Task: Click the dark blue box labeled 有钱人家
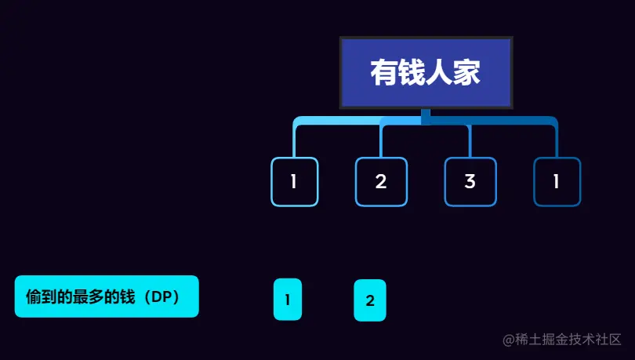point(426,72)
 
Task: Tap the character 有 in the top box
point(384,73)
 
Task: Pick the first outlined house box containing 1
point(294,182)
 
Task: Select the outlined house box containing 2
point(381,182)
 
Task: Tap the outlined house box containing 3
point(470,182)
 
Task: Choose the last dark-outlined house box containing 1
point(557,182)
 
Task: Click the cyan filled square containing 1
point(288,300)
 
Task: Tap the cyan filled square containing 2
point(370,300)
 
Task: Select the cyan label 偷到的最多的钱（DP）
point(107,296)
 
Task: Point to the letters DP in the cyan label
point(161,297)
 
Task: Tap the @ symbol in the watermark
point(509,340)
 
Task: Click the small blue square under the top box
point(426,117)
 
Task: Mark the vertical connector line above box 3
point(470,141)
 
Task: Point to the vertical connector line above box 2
point(381,141)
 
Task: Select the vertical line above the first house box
point(294,141)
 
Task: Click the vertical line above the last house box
point(557,141)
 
